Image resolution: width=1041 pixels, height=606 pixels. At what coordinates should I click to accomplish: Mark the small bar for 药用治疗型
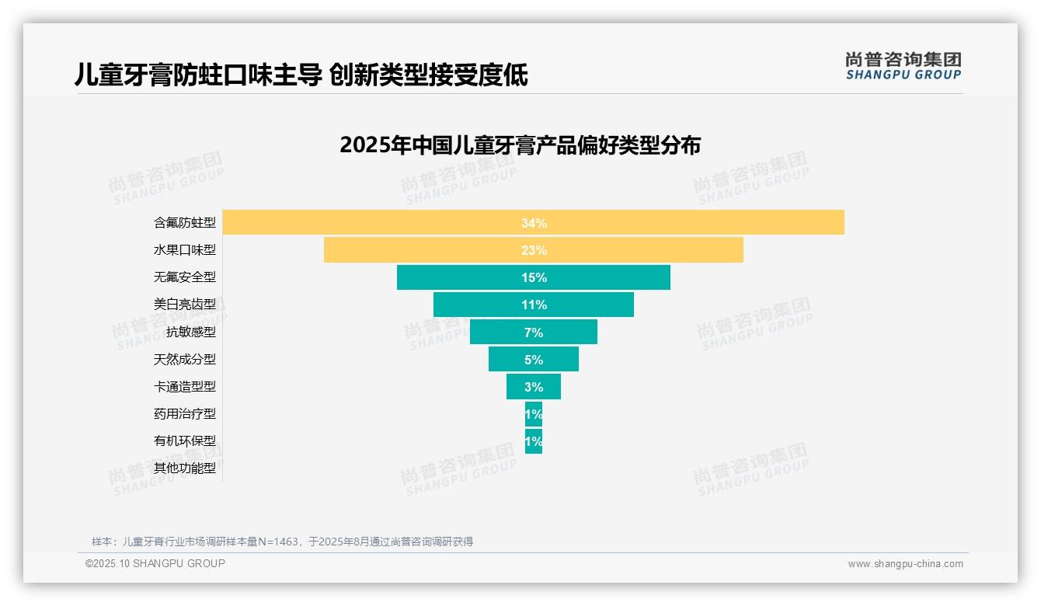click(x=534, y=413)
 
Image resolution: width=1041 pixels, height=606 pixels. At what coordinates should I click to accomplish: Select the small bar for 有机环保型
click(x=534, y=441)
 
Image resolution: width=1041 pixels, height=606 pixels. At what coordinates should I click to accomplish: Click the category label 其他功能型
click(x=185, y=468)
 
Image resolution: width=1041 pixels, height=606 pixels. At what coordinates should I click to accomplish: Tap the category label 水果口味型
click(x=185, y=250)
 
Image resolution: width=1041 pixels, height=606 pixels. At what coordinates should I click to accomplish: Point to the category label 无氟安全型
click(x=185, y=277)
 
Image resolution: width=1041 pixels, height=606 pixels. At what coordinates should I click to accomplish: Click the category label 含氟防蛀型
click(x=185, y=223)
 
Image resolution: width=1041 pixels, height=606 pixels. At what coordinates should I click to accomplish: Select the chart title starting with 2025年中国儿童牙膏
click(x=520, y=145)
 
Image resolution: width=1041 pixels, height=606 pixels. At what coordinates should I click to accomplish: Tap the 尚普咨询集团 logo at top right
click(x=903, y=65)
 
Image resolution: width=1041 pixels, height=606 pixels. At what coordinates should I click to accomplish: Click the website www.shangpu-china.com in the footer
click(x=905, y=564)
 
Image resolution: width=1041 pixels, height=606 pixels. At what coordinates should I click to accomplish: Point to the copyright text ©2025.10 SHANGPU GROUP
click(x=155, y=563)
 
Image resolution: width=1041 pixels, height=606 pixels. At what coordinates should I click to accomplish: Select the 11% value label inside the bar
click(x=534, y=305)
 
